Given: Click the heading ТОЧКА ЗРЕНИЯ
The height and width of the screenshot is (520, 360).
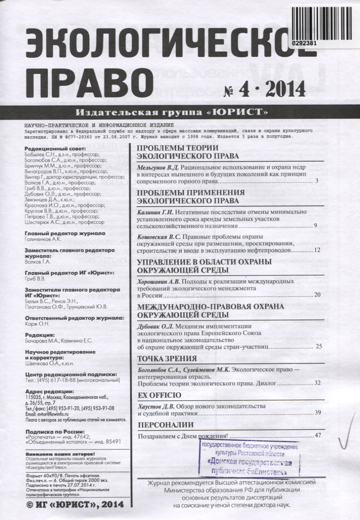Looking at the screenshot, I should click(x=167, y=359).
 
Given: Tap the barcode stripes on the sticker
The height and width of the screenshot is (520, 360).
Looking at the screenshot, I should click(x=323, y=20).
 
